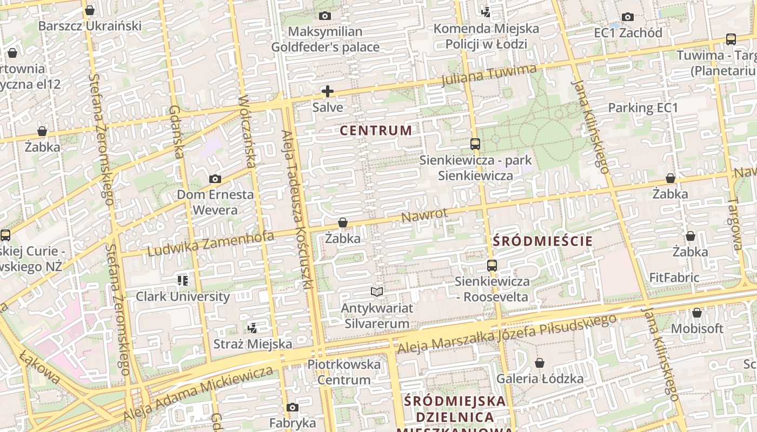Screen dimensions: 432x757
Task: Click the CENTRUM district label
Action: (x=376, y=130)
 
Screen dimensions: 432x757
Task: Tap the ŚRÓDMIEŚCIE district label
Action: (x=543, y=241)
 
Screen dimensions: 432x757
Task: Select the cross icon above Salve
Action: (x=328, y=91)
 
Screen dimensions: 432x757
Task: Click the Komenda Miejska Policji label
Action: (x=486, y=36)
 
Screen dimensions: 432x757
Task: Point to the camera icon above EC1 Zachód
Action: (x=628, y=17)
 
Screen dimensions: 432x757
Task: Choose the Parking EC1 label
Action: (x=643, y=107)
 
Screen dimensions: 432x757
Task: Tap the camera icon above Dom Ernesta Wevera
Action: (x=215, y=179)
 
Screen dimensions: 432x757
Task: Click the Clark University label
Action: (x=183, y=296)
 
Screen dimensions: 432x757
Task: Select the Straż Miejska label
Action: (x=253, y=344)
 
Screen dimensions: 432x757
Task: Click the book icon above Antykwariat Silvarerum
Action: (x=377, y=292)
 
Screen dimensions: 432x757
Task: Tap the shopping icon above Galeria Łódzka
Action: (x=539, y=363)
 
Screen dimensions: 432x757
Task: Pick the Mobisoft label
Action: (x=697, y=328)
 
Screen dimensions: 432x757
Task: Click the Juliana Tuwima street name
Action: (x=489, y=75)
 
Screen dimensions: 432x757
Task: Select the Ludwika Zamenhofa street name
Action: (x=210, y=244)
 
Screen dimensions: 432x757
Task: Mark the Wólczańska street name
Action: (x=247, y=131)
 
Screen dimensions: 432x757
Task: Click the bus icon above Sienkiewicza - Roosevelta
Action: (x=492, y=265)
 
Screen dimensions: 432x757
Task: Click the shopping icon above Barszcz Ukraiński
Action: (x=90, y=10)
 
